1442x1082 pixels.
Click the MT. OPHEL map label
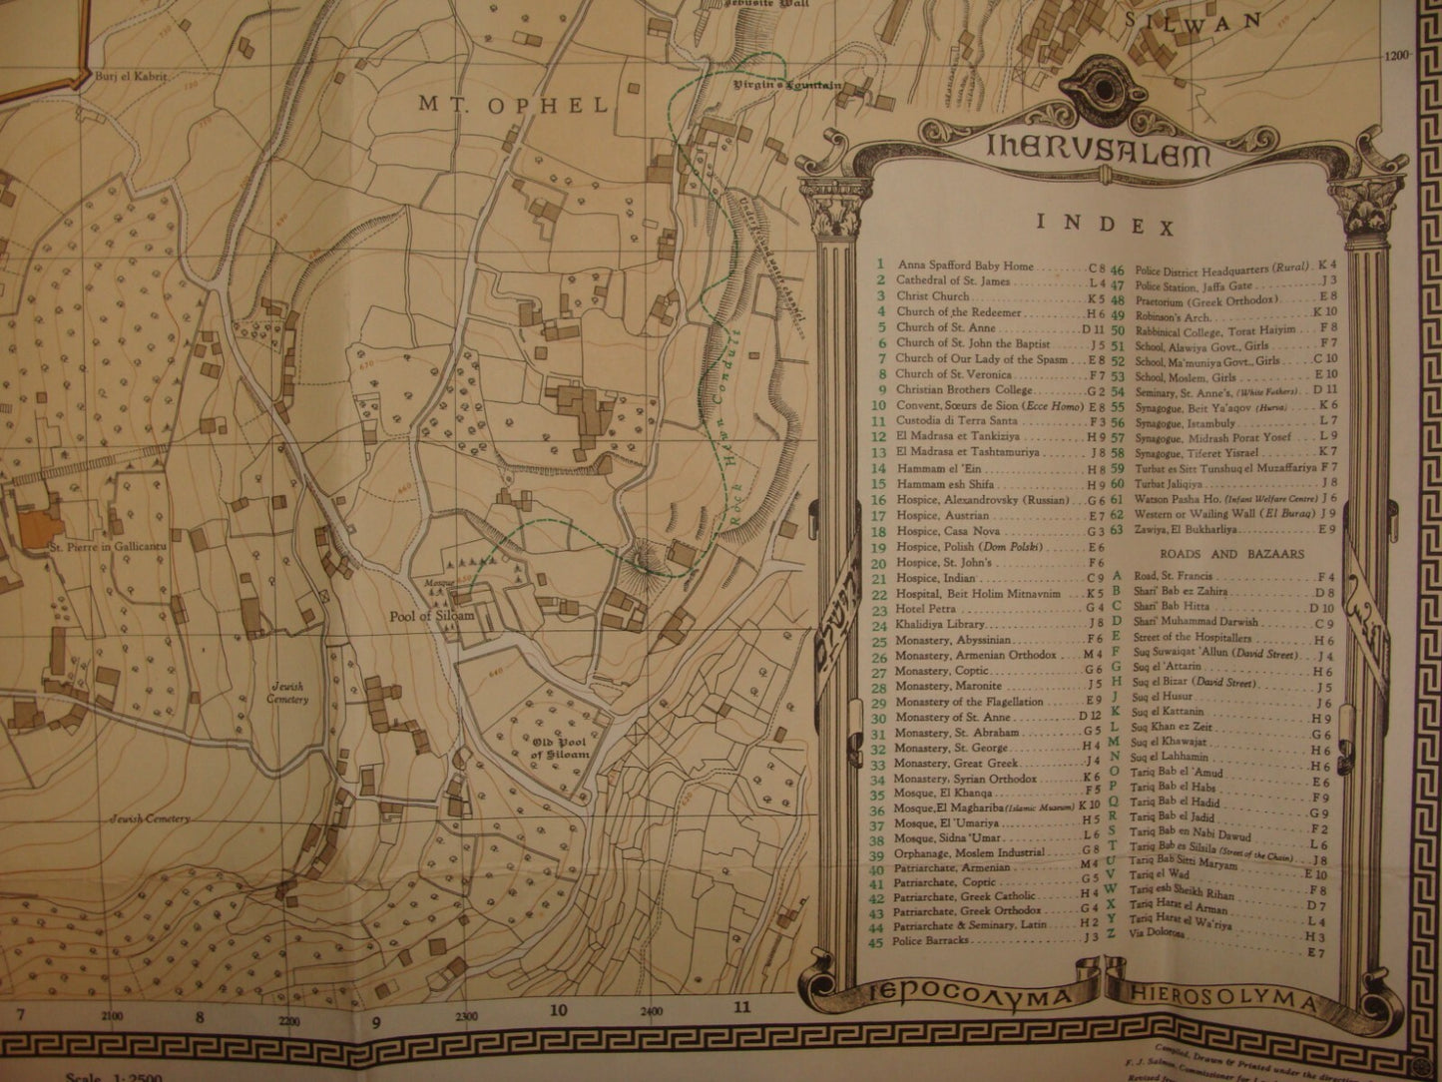pyautogui.click(x=513, y=105)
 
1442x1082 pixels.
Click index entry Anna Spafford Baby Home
pyautogui.click(x=965, y=267)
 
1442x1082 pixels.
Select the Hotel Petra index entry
pyautogui.click(x=925, y=608)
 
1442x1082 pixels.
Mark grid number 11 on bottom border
pyautogui.click(x=740, y=1007)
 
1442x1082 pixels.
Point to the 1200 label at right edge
pyautogui.click(x=1398, y=56)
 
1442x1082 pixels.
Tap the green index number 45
pyautogui.click(x=879, y=940)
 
